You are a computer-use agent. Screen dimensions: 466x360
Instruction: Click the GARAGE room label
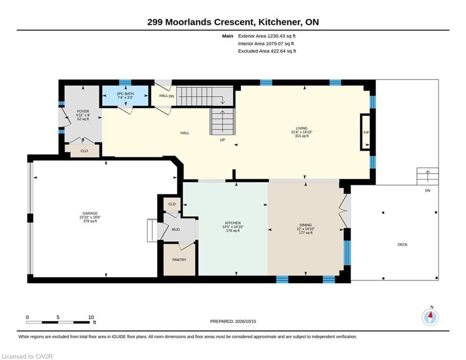pyautogui.click(x=90, y=213)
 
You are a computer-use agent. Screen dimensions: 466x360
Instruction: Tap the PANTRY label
pyautogui.click(x=179, y=260)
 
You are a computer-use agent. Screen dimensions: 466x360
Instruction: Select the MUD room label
pyautogui.click(x=176, y=229)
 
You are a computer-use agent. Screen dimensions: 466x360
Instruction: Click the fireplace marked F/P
pyautogui.click(x=366, y=132)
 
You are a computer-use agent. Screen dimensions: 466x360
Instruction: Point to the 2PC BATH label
pyautogui.click(x=125, y=94)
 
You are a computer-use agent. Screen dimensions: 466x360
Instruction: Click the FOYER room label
pyautogui.click(x=83, y=111)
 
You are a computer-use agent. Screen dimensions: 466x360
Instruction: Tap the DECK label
pyautogui.click(x=402, y=245)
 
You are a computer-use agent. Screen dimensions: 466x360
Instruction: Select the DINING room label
pyautogui.click(x=305, y=225)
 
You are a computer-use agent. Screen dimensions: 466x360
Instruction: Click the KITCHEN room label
pyautogui.click(x=233, y=223)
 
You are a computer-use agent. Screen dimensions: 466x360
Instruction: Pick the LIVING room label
pyautogui.click(x=302, y=128)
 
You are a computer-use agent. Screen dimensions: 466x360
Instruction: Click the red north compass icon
pyautogui.click(x=430, y=317)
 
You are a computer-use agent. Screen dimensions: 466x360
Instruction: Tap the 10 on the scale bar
pyautogui.click(x=91, y=317)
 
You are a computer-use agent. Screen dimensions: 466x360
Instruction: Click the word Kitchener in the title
pyautogui.click(x=279, y=22)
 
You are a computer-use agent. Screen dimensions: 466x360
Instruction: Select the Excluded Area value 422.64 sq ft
pyautogui.click(x=281, y=51)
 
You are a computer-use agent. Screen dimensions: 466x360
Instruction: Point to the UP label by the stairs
pyautogui.click(x=222, y=140)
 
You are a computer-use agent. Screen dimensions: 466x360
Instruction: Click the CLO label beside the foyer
pyautogui.click(x=84, y=151)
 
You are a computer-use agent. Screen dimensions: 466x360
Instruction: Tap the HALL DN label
pyautogui.click(x=166, y=96)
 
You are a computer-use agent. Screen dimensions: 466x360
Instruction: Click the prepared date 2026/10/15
pyautogui.click(x=245, y=321)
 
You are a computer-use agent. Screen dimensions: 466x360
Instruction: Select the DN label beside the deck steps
pyautogui.click(x=428, y=190)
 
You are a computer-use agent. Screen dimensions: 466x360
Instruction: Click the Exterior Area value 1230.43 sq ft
pyautogui.click(x=281, y=36)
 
